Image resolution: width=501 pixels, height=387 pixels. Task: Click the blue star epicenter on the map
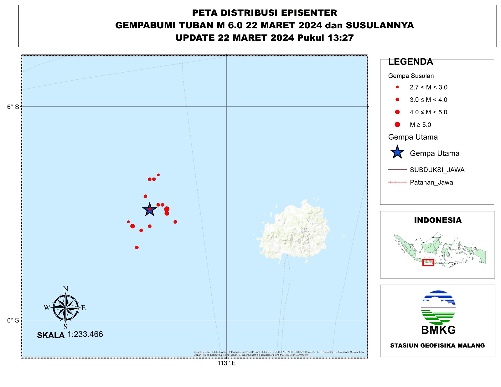[150, 209]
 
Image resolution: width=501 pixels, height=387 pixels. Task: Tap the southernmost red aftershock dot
[137, 248]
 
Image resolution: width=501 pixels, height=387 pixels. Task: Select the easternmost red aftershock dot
[175, 222]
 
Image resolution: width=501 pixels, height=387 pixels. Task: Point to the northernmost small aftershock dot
[158, 175]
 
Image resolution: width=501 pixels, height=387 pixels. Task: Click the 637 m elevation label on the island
[306, 230]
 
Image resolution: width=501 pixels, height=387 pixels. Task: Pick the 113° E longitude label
[226, 363]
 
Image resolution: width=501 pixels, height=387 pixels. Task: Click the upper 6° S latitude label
[13, 107]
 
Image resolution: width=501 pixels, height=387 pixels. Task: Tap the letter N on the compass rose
[65, 289]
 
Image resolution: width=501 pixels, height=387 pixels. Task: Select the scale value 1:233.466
[85, 334]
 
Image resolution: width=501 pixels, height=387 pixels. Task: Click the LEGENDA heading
[411, 62]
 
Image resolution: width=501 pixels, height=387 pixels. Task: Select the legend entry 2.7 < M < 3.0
[428, 87]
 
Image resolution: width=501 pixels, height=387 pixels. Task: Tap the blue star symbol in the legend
[397, 152]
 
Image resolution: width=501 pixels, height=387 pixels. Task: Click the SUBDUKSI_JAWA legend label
[437, 170]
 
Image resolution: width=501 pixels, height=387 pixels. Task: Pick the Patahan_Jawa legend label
[431, 183]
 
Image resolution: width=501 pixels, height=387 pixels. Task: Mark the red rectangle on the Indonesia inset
[428, 263]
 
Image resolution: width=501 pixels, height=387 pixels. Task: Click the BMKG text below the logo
[438, 330]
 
